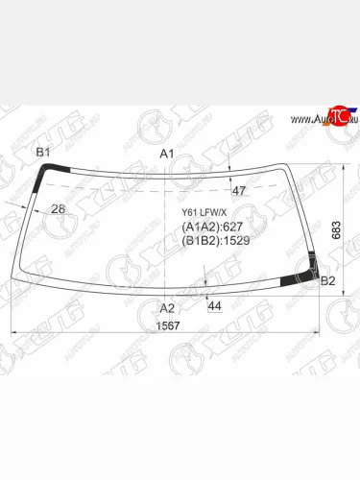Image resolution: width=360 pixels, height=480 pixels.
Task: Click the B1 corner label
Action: [43, 154]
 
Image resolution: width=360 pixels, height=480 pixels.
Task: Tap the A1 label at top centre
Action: [166, 155]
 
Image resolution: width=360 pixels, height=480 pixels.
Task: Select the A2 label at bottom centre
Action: [167, 307]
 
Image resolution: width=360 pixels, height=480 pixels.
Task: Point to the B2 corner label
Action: [327, 280]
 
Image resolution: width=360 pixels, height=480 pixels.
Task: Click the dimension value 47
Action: [239, 190]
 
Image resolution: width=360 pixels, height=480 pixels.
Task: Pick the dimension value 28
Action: [58, 209]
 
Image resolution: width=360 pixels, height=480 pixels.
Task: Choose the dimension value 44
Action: [214, 305]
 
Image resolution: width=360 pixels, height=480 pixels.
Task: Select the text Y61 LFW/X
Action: [203, 214]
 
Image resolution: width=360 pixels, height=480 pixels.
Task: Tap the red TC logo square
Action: [336, 116]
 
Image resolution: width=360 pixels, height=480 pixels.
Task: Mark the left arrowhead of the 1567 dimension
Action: [12, 333]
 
